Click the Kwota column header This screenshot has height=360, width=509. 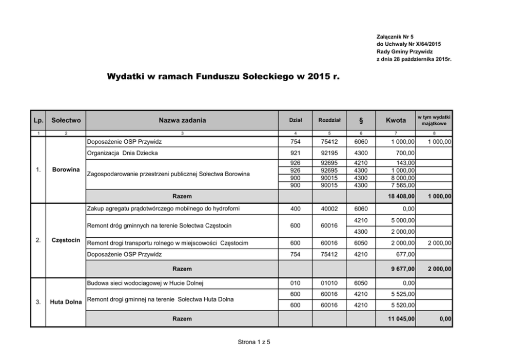[395, 121]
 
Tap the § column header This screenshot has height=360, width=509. [361, 121]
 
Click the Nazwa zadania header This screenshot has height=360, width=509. [182, 121]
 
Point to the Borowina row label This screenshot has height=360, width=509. [65, 169]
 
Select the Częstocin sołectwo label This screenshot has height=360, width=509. [65, 240]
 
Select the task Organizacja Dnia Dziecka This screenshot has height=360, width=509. [123, 153]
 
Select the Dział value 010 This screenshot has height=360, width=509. [295, 283]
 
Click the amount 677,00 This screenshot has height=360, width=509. [406, 254]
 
